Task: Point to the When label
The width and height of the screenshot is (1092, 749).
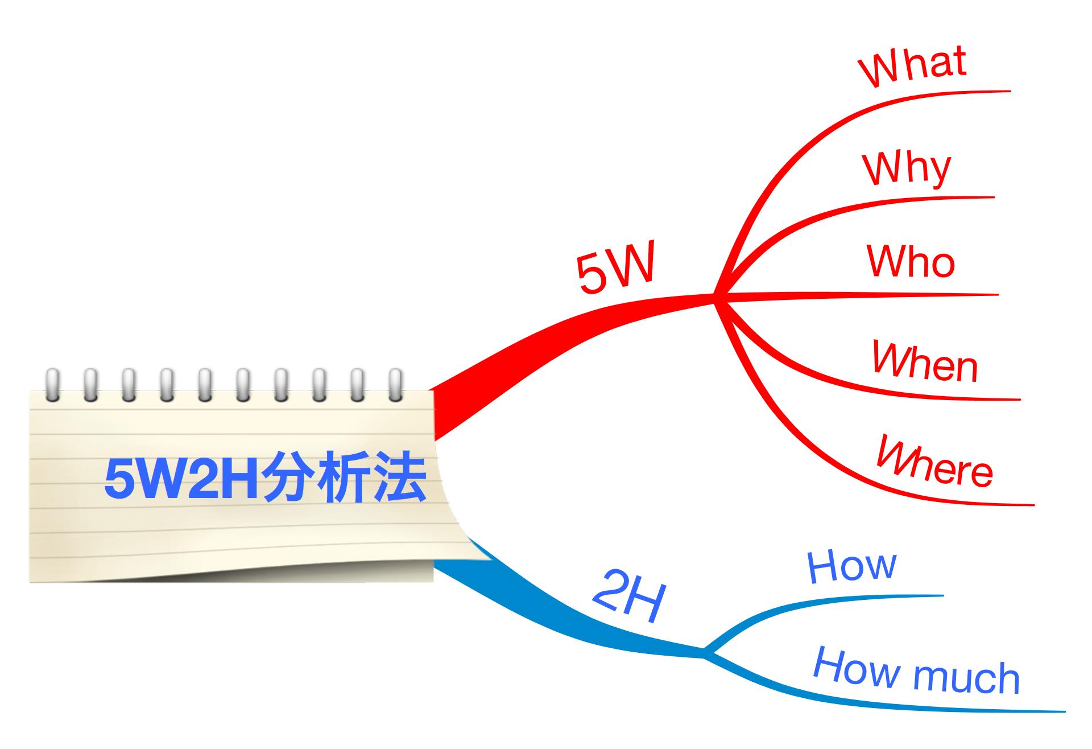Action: pos(925,362)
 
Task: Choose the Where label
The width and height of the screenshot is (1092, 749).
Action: pos(934,462)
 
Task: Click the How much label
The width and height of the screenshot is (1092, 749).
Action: pos(916,672)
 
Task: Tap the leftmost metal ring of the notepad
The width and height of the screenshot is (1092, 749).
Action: pos(52,385)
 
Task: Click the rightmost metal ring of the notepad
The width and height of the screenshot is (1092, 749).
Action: pos(395,385)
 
